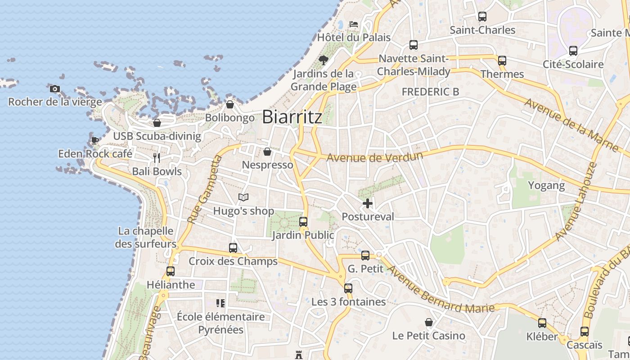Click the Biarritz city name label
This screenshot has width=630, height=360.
coord(292,117)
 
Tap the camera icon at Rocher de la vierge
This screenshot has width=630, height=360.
coord(55,89)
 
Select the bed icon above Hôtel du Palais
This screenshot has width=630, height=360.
coord(354,24)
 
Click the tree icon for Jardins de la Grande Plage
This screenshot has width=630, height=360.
coord(323,60)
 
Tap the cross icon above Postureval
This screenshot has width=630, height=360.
coord(368,203)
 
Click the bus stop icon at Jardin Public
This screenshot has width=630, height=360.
coord(303,221)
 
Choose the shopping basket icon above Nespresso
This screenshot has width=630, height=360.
coord(267,152)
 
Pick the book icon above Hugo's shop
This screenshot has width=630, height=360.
coord(243,197)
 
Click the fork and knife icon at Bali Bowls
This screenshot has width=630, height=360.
coord(157,157)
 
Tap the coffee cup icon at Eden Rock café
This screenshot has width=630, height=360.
coord(95,140)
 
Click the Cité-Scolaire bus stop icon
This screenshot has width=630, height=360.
coord(573,51)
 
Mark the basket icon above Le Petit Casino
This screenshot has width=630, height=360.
coord(429,322)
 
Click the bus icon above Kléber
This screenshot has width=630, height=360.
coord(542,323)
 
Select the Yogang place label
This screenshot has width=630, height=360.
coord(546,185)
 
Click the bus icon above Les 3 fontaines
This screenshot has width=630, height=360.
coord(348,288)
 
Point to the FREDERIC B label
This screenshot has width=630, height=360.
coord(430,92)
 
